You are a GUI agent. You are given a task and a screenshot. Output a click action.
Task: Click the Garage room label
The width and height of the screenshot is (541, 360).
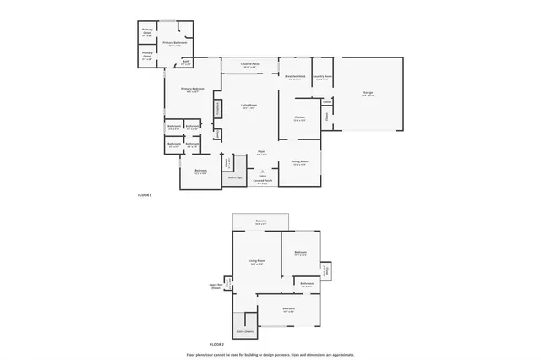point(368,94)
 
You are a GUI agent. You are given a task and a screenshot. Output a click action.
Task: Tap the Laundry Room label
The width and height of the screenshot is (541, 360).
point(322,76)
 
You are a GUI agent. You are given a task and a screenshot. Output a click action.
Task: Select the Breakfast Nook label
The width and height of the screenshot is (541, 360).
point(294,76)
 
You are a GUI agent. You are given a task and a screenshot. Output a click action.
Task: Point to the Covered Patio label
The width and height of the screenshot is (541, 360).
point(249,64)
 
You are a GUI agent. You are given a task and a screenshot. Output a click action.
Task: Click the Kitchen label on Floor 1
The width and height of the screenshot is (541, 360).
point(299,118)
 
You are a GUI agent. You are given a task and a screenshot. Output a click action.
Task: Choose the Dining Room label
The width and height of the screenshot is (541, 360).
point(299,161)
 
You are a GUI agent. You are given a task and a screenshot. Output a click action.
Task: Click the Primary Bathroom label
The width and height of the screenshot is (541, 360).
point(174,42)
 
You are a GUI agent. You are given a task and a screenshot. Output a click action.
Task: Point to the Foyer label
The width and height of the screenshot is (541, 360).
point(262,152)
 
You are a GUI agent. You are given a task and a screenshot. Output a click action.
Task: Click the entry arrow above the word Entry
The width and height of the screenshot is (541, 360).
point(262,170)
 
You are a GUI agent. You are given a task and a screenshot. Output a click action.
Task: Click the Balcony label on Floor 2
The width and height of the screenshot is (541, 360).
point(261,221)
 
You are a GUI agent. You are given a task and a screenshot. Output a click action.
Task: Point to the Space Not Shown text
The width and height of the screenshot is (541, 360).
point(216,286)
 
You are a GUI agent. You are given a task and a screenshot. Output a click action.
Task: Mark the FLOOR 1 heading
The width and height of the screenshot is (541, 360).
point(145,195)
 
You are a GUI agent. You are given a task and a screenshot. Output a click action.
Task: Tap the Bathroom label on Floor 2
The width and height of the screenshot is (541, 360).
point(308,284)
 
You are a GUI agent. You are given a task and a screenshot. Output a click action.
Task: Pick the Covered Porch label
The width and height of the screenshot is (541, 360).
point(262,181)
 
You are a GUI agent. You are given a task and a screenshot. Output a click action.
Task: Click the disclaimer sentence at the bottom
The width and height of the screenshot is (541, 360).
point(270,354)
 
